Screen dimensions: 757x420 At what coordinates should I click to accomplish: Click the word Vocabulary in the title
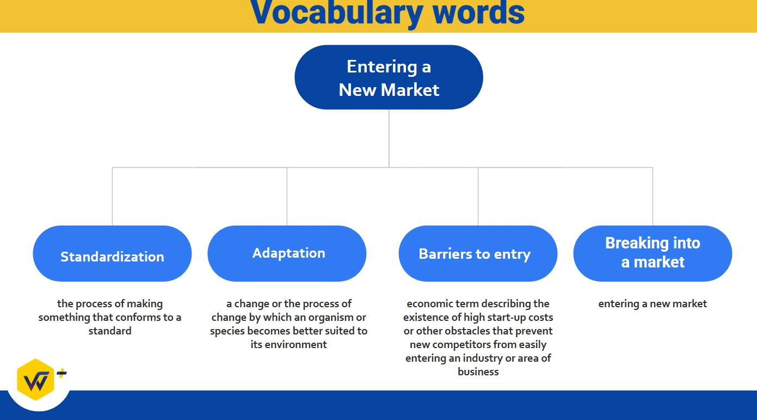pos(336,13)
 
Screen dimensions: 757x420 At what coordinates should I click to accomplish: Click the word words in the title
pos(478,13)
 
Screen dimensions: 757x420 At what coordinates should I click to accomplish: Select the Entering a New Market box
pos(389,77)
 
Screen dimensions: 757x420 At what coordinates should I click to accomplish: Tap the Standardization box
pos(112,254)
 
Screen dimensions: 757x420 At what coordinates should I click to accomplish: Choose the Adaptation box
pos(287,254)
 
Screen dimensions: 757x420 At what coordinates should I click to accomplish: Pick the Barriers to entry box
pos(478,254)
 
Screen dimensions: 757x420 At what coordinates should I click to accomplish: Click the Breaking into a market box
pos(653,254)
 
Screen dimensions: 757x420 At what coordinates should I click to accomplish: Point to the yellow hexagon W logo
pos(35,380)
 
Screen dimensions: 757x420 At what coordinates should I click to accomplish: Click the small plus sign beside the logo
pos(61,373)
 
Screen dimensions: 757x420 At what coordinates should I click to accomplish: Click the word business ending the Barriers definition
pos(478,372)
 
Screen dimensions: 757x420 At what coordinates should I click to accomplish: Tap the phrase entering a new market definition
pos(653,304)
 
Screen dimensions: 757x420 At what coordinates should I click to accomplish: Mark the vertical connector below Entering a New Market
pos(389,138)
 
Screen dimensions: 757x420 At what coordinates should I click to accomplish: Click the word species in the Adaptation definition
pos(227,331)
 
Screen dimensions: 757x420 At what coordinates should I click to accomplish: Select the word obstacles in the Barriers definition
pos(468,331)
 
